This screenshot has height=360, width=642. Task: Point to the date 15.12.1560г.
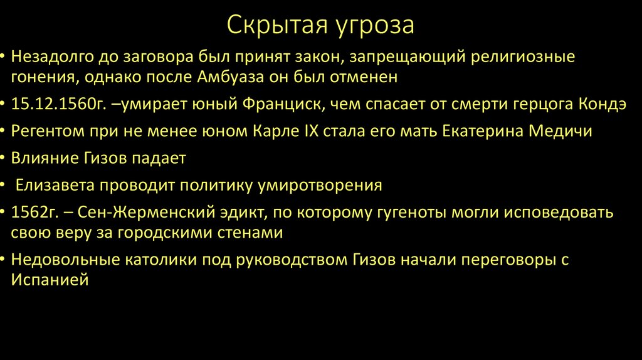point(48,105)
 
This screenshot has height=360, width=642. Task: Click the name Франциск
point(282,105)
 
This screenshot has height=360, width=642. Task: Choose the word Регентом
point(47,132)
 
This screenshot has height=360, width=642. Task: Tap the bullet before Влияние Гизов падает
point(4,158)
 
